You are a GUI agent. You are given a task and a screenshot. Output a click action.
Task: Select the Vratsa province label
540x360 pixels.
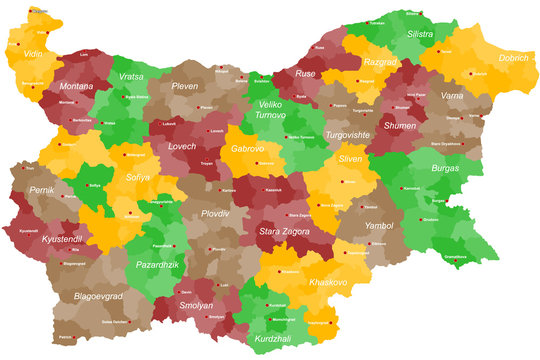click(131, 76)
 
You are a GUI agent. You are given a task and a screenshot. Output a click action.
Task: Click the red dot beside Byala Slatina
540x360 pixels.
click(123, 97)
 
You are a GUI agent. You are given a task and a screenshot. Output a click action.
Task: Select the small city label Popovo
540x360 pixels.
click(339, 104)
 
